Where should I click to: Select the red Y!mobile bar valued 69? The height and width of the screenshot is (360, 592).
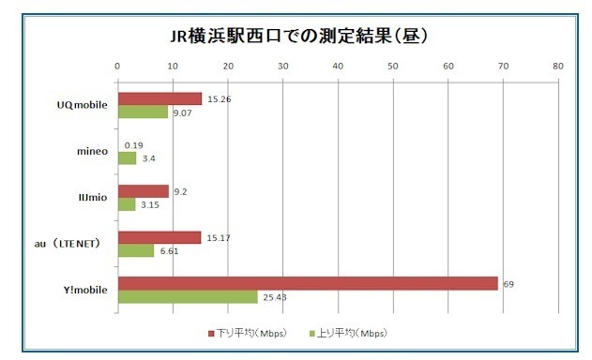[307, 283]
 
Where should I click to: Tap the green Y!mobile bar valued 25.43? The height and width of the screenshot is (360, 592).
[187, 297]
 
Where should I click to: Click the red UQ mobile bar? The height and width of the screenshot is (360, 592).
[159, 98]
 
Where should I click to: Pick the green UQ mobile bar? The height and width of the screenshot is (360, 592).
[143, 112]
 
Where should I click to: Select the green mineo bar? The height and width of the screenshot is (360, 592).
[127, 158]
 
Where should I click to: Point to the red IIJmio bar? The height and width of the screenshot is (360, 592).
[143, 190]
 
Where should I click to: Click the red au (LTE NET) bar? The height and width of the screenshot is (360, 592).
[159, 237]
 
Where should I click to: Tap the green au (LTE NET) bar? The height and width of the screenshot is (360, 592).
[135, 250]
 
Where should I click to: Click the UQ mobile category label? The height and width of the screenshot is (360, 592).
[83, 105]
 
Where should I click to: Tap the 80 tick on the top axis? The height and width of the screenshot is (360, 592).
[558, 67]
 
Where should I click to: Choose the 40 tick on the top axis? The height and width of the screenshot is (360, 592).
[338, 67]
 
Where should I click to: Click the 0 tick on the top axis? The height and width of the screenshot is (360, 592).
[117, 67]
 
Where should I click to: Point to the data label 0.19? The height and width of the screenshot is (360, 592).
[133, 145]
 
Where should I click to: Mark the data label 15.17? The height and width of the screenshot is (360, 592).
[217, 237]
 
